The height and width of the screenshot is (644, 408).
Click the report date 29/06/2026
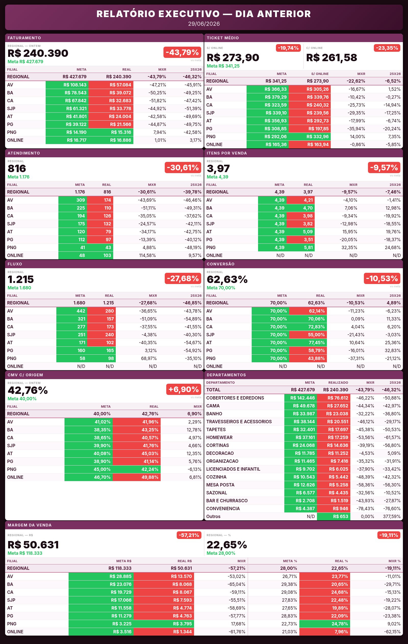tap(204, 24)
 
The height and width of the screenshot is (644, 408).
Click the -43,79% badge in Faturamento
tap(182, 53)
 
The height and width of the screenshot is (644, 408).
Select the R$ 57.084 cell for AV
tap(111, 85)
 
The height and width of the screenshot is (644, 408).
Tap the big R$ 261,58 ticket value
tap(331, 58)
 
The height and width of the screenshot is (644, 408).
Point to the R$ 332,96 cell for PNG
tap(310, 137)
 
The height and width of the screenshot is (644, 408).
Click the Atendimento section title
tap(24, 153)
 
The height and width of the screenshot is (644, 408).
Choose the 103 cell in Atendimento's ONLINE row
tap(100, 255)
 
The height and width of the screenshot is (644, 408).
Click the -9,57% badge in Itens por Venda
tap(384, 168)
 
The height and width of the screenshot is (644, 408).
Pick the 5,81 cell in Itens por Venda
tap(301, 248)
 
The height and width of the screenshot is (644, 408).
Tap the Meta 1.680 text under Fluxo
tap(19, 288)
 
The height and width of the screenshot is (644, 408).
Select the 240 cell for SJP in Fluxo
tap(101, 335)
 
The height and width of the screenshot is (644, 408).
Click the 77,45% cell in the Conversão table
tap(308, 343)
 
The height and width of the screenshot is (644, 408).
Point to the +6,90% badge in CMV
tap(183, 389)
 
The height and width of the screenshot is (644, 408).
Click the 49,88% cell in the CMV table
tap(136, 477)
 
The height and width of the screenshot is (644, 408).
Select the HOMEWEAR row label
tap(219, 437)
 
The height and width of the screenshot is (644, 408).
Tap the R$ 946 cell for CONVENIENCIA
tap(334, 509)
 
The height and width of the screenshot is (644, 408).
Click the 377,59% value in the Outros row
tap(392, 517)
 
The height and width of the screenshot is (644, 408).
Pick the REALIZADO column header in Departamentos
tap(338, 383)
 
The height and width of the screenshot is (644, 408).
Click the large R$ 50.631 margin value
tap(33, 545)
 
